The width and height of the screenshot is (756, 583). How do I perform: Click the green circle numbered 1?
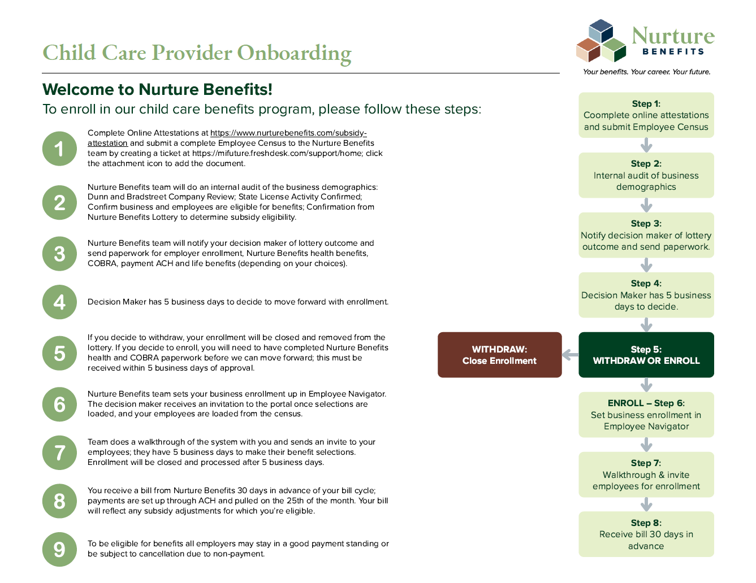pyautogui.click(x=59, y=149)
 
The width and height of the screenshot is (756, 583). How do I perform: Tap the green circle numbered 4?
pyautogui.click(x=59, y=302)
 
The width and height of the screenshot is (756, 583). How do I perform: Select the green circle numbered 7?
pyautogui.click(x=59, y=453)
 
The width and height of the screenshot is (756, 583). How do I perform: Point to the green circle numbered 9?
pyautogui.click(x=59, y=549)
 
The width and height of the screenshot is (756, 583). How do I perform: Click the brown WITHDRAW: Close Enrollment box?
pyautogui.click(x=499, y=355)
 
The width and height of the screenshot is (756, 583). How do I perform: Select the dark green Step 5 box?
pyautogui.click(x=646, y=355)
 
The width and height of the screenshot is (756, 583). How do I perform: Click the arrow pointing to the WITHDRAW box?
pyautogui.click(x=571, y=355)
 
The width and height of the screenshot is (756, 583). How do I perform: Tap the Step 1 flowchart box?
pyautogui.click(x=646, y=115)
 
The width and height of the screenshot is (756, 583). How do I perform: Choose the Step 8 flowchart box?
pyautogui.click(x=646, y=534)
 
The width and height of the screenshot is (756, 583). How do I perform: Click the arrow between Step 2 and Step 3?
pyautogui.click(x=646, y=205)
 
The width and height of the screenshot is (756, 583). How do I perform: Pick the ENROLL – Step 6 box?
pyautogui.click(x=646, y=415)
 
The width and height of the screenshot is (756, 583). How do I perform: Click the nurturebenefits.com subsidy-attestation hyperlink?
pyautogui.click(x=288, y=133)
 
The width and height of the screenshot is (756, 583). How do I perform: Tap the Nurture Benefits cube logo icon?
pyautogui.click(x=601, y=41)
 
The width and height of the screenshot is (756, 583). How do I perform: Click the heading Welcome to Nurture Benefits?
pyautogui.click(x=157, y=89)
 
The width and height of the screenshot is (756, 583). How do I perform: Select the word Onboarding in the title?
pyautogui.click(x=294, y=53)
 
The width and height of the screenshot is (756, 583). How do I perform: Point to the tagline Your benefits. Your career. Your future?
pyautogui.click(x=646, y=72)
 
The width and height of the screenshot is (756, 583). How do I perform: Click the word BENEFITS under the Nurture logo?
pyautogui.click(x=673, y=51)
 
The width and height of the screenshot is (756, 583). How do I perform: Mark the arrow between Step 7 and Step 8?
pyautogui.click(x=646, y=504)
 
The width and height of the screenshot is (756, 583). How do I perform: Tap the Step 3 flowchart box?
pyautogui.click(x=646, y=235)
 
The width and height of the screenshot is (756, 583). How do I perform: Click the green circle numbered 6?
pyautogui.click(x=59, y=404)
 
